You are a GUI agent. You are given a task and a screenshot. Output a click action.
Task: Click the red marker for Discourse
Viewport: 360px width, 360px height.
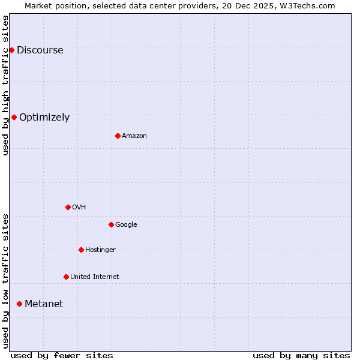click(11, 50)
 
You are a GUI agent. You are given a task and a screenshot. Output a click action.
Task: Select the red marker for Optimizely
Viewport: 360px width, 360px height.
click(14, 117)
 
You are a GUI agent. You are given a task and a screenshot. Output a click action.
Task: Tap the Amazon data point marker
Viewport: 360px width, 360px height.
click(118, 136)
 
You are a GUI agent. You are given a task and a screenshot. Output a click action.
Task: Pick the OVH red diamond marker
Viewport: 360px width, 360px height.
click(68, 207)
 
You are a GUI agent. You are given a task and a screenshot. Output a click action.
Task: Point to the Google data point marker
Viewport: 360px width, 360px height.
click(111, 224)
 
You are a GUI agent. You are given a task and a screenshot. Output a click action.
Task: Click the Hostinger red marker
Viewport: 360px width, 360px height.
click(81, 250)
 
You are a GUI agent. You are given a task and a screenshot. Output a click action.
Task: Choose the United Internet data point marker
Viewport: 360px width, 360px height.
click(66, 277)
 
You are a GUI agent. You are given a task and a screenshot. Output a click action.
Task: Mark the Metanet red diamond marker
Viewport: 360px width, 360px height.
click(19, 304)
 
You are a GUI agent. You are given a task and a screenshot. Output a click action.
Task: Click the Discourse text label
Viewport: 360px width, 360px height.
click(40, 50)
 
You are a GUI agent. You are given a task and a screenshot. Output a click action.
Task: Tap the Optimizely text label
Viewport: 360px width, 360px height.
click(44, 118)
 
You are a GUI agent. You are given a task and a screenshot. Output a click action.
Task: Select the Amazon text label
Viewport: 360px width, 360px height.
click(134, 136)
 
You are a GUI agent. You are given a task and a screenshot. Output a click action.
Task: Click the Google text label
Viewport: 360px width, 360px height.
click(126, 225)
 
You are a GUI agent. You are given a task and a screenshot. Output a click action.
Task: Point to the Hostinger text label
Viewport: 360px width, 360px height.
click(100, 250)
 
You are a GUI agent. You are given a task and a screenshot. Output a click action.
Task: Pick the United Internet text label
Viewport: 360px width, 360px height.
click(94, 277)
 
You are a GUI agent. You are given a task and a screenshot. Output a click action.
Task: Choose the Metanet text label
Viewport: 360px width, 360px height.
click(44, 304)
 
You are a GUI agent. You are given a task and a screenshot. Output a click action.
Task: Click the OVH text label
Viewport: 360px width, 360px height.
click(79, 208)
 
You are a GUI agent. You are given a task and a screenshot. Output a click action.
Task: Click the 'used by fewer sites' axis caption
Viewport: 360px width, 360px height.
click(62, 355)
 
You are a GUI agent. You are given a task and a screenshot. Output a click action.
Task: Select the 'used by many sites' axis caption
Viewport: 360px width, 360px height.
click(301, 355)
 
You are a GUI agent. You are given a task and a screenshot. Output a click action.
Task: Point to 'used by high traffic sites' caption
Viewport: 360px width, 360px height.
click(5, 85)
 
